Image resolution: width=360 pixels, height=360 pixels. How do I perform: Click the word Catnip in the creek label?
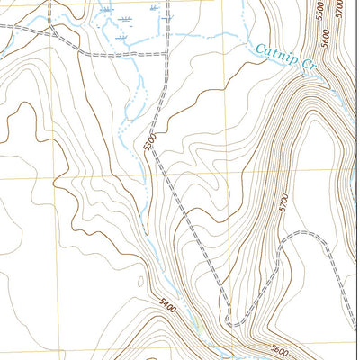(x=272, y=53)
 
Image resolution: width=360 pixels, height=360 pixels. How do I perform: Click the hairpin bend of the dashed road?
(x=233, y=321)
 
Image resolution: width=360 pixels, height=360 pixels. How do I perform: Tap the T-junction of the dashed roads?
(x=167, y=55)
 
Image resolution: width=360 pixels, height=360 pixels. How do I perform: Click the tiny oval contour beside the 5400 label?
(x=144, y=280)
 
